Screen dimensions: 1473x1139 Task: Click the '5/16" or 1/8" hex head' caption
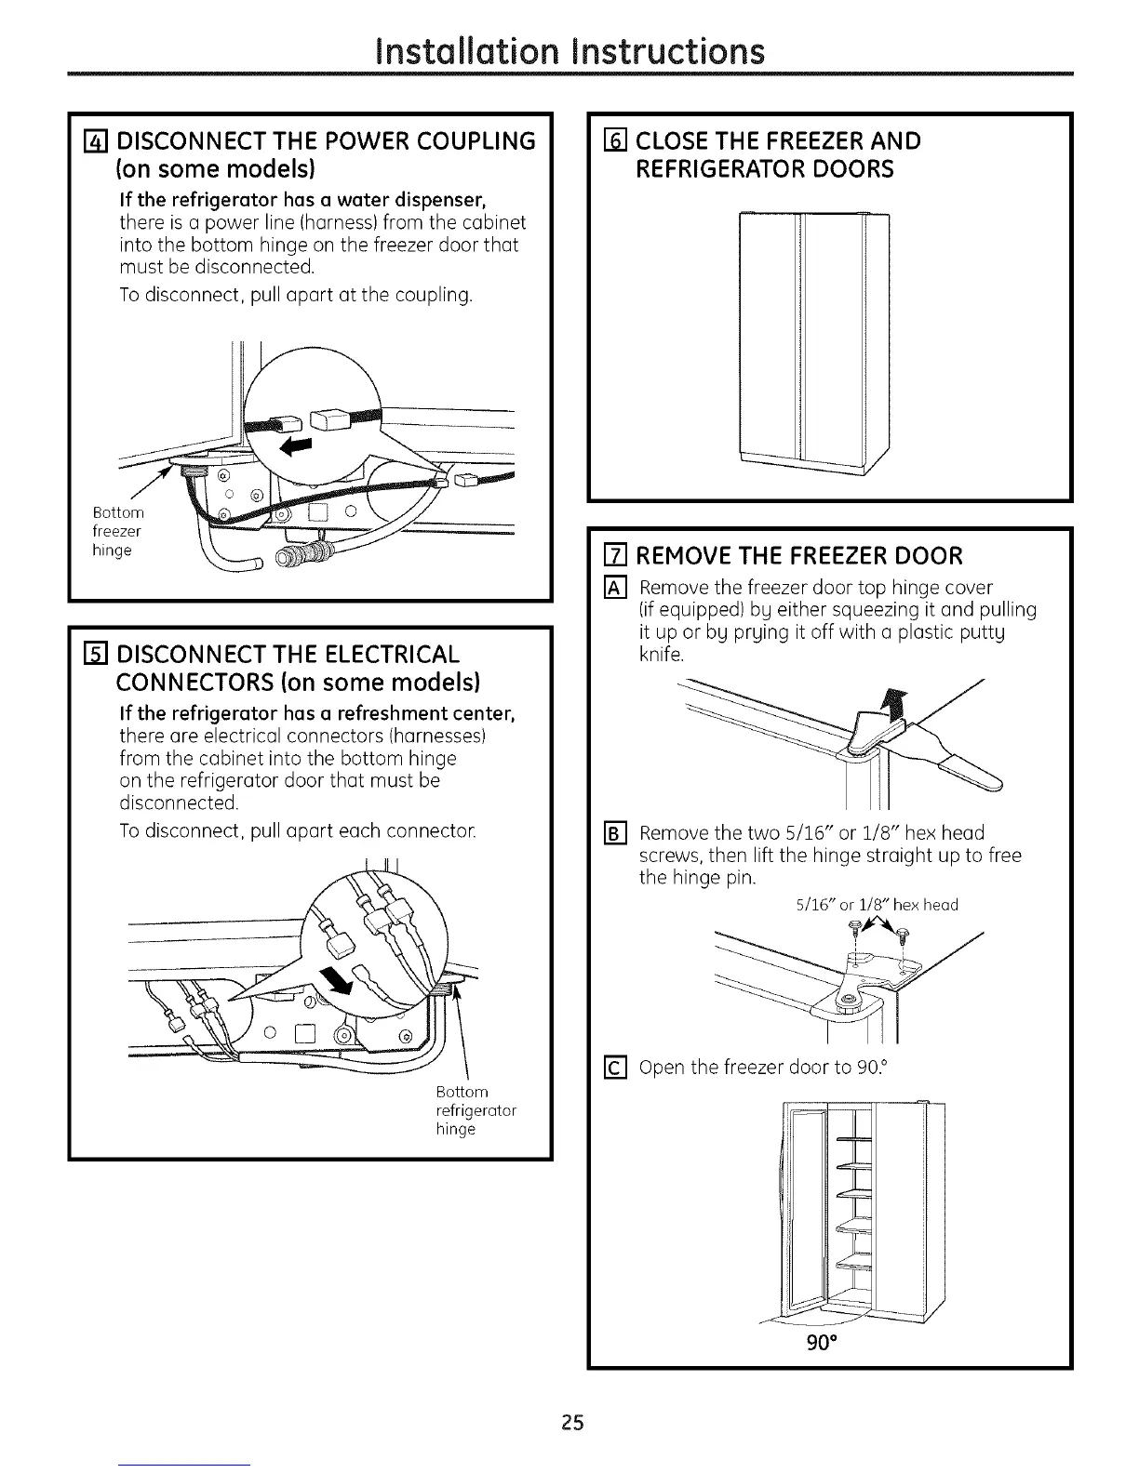coord(877,904)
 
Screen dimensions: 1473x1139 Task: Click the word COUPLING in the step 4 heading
coord(473,141)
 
